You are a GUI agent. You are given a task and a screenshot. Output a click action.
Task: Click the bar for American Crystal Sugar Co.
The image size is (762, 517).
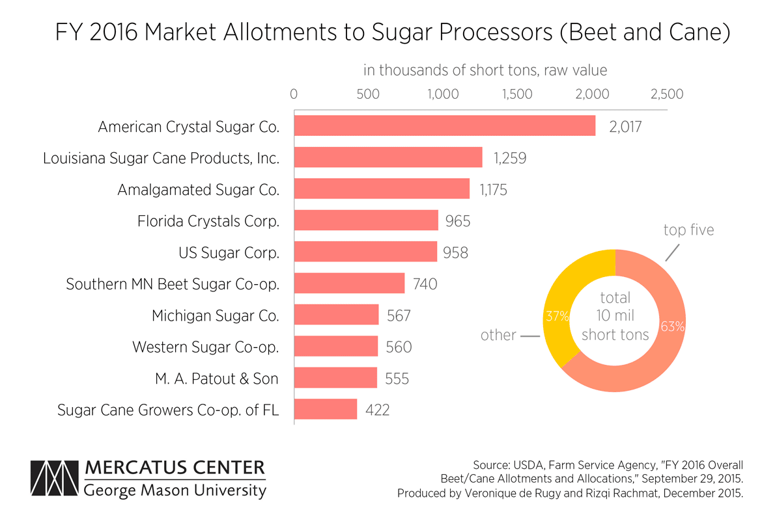[444, 126]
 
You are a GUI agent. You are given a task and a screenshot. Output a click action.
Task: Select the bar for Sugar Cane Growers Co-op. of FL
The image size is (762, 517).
[326, 409]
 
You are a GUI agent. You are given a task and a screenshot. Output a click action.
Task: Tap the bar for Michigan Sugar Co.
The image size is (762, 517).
[336, 315]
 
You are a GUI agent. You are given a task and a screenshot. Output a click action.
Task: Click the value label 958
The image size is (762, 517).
[455, 252]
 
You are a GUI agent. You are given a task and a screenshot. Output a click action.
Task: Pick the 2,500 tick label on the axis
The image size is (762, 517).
[666, 94]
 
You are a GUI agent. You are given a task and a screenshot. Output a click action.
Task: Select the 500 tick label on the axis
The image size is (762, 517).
[368, 94]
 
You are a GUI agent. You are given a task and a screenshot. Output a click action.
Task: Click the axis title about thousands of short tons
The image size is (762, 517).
[485, 70]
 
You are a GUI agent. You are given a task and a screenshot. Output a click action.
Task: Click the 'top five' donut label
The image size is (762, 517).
[688, 230]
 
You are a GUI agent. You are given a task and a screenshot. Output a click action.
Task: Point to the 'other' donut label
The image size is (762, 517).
[498, 336]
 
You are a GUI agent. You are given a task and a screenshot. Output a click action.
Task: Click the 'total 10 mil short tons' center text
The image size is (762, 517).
[615, 316]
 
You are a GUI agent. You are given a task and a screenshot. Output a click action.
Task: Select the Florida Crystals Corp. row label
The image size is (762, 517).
[208, 221]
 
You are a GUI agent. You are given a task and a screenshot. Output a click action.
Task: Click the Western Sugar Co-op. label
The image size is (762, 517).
[206, 347]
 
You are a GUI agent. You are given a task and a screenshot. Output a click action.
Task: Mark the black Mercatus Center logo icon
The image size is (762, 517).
[55, 480]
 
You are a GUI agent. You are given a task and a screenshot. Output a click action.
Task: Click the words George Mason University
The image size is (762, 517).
[175, 490]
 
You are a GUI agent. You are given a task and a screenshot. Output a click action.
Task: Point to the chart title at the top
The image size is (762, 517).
[391, 33]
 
